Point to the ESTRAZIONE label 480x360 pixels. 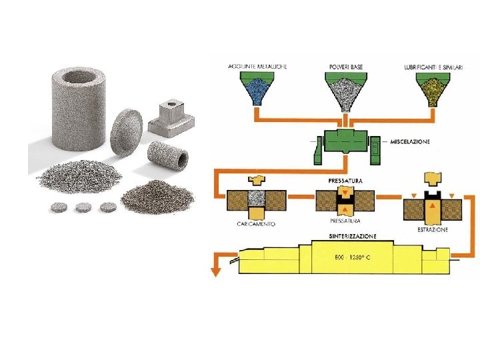tap(433, 229)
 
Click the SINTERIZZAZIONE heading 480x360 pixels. tap(353, 236)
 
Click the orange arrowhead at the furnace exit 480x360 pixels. tap(215, 271)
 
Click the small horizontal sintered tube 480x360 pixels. tap(167, 155)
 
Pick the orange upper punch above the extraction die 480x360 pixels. tap(432, 179)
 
